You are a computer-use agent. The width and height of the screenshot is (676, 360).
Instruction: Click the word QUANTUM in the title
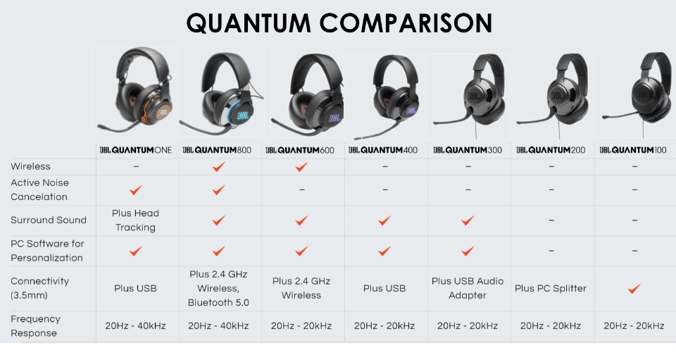[x=249, y=23]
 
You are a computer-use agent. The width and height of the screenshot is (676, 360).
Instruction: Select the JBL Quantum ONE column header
[x=135, y=150]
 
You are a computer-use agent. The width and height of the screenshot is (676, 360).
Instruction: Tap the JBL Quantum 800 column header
[x=217, y=150]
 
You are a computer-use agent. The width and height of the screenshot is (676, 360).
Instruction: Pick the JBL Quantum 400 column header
[x=383, y=150]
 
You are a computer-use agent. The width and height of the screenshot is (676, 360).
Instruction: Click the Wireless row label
[x=30, y=166]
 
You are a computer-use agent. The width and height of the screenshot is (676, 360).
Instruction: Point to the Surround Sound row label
[x=49, y=220]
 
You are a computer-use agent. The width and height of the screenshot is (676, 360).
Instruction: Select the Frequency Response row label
[x=35, y=326]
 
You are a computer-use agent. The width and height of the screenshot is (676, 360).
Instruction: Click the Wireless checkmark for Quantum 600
[x=301, y=166]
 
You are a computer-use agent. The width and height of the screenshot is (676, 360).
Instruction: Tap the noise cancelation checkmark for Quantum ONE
[x=136, y=190]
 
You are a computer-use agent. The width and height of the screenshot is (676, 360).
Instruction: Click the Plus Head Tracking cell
[x=135, y=221]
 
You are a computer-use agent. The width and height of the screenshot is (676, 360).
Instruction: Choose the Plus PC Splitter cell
[x=551, y=288]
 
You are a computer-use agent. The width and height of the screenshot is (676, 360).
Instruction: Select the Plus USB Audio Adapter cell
[x=468, y=288]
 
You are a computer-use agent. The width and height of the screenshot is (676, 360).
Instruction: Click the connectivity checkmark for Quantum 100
[x=634, y=288]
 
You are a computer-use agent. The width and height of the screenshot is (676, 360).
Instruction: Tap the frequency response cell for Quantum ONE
[x=135, y=326]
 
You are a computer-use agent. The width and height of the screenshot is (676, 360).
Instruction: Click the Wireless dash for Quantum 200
[x=551, y=166]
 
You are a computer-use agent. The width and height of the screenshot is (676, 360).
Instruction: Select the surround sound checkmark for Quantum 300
[x=468, y=221]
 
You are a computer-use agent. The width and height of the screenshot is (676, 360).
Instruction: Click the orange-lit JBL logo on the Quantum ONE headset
[x=162, y=113]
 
